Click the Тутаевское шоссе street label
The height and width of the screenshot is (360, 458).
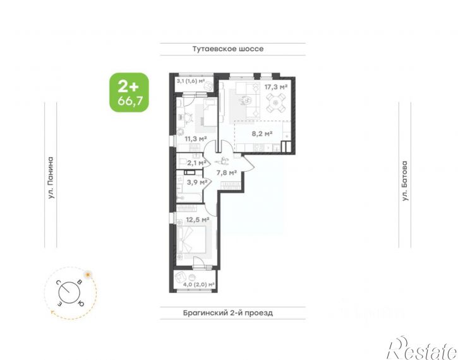228,49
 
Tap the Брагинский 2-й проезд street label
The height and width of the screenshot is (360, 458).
228,313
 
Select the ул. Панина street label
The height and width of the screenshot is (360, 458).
51,178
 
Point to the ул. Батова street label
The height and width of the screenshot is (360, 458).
404,181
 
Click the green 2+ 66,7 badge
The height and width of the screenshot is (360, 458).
129,92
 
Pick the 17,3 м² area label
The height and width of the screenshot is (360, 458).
276,87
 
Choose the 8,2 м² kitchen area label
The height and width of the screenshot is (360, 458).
262,134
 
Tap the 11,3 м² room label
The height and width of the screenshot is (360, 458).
196,139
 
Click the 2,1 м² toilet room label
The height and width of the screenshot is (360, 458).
196,163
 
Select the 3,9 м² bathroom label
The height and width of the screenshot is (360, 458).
197,182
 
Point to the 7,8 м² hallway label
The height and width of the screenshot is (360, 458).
226,173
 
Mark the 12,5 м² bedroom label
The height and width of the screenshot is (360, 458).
198,220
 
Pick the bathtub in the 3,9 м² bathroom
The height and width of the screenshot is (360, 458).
190,197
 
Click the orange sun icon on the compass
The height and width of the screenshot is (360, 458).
88,275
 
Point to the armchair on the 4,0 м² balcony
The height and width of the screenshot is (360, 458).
180,277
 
